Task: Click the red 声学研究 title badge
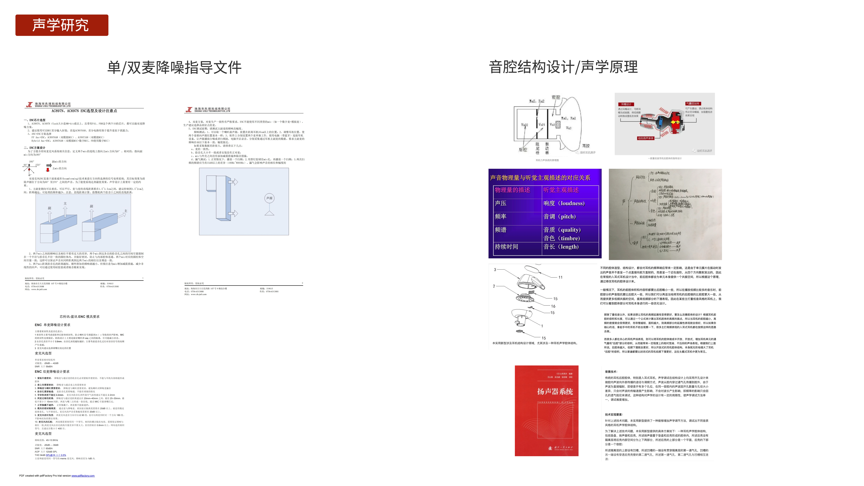click(x=62, y=25)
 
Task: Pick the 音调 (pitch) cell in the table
click(x=559, y=217)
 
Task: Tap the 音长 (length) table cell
click(x=561, y=247)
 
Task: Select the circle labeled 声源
click(x=269, y=198)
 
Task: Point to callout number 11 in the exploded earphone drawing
click(x=560, y=277)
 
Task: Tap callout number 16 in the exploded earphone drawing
click(x=553, y=306)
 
